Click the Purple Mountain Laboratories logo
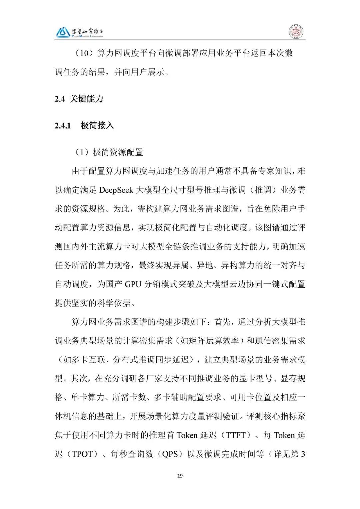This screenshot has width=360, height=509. tap(79, 32)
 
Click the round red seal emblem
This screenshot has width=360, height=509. tap(296, 32)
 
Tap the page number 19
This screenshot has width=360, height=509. tap(180, 476)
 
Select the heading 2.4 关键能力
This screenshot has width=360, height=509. tap(79, 99)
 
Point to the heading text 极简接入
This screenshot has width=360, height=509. tap(97, 126)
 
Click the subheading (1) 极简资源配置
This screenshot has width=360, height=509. tap(109, 152)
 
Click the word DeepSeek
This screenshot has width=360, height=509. tap(116, 190)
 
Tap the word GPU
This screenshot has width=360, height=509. tap(133, 284)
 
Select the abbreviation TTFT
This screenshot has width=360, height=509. tap(236, 435)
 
